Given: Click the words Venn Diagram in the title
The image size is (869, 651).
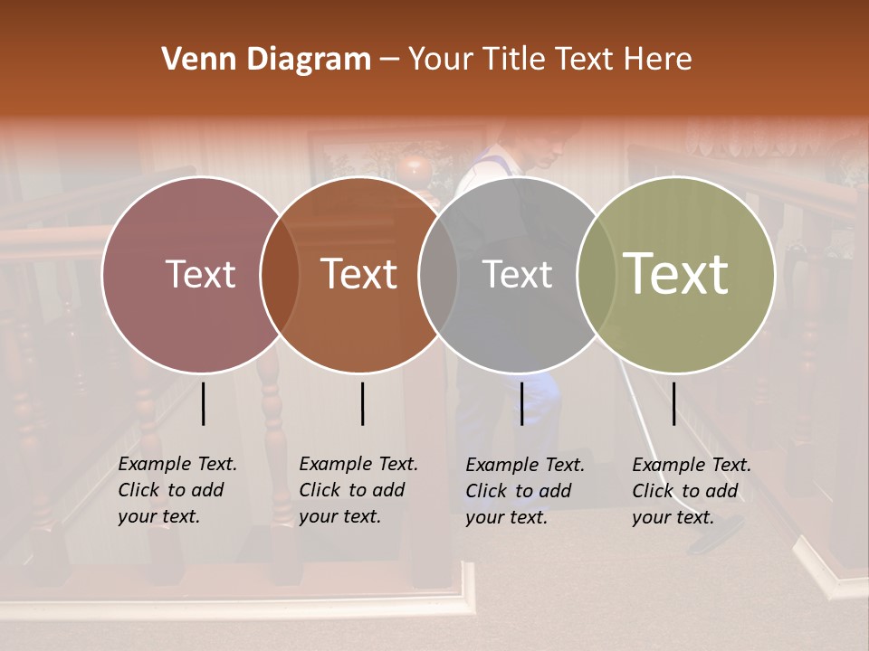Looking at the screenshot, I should pos(266,60).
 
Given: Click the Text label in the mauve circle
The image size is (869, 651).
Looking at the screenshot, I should pos(200,274).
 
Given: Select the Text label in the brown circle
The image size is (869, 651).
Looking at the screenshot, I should pos(359,274).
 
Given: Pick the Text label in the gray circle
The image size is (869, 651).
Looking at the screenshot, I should pos(517,274).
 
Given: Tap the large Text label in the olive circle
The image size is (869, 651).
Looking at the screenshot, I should pos(676,274).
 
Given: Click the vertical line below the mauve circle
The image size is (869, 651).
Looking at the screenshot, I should pos(204,403).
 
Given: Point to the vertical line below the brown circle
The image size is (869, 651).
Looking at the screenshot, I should pos(362,403).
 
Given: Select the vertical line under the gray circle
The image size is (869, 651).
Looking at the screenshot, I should pos(521,403).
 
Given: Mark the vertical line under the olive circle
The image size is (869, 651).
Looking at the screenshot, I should pos(673,403).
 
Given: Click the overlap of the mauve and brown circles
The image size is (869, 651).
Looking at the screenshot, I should pos(280,274).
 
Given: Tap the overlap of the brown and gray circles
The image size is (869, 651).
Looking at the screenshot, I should pos(438,274).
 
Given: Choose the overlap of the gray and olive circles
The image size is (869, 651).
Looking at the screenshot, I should pos(597,274).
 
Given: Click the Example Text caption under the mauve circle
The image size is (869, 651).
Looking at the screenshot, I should pos(177,490).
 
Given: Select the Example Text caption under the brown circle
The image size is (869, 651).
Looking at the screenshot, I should pos(358,490).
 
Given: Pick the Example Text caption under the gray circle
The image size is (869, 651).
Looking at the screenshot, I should pos(524,491).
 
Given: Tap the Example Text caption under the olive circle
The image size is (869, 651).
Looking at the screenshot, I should pos(691,491).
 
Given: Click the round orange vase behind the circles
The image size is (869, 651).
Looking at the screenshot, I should pos(415,168).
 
